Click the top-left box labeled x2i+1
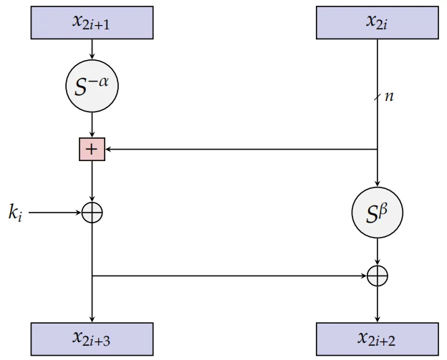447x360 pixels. pyautogui.click(x=92, y=22)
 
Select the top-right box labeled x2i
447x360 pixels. pyautogui.click(x=377, y=22)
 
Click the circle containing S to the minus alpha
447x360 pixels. pyautogui.click(x=92, y=87)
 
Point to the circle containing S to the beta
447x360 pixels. pyautogui.click(x=377, y=213)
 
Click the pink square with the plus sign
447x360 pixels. pyautogui.click(x=92, y=150)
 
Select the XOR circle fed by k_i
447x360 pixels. pyautogui.click(x=92, y=213)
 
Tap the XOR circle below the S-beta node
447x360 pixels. pyautogui.click(x=377, y=275)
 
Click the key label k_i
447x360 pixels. pyautogui.click(x=16, y=213)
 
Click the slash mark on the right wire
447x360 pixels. pyautogui.click(x=377, y=97)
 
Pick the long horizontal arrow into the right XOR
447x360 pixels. pyautogui.click(x=229, y=275)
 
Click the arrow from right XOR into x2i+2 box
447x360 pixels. pyautogui.click(x=377, y=302)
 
